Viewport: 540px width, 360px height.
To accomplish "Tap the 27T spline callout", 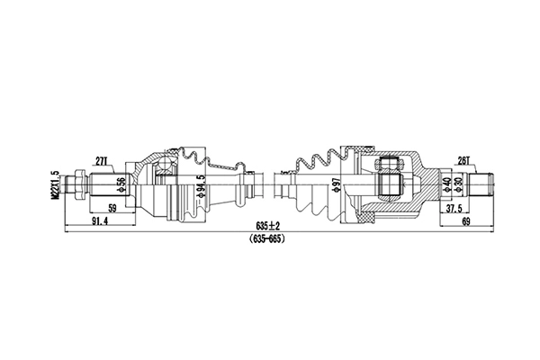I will pyautogui.click(x=102, y=162).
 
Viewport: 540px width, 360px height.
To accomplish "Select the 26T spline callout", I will pyautogui.click(x=464, y=161).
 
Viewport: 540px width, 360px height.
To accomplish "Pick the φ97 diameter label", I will pyautogui.click(x=335, y=187).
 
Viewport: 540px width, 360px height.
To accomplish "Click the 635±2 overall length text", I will pyautogui.click(x=269, y=225).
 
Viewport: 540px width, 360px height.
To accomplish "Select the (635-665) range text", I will pyautogui.click(x=269, y=238).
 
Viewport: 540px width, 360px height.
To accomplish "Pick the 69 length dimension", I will pyautogui.click(x=465, y=222).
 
